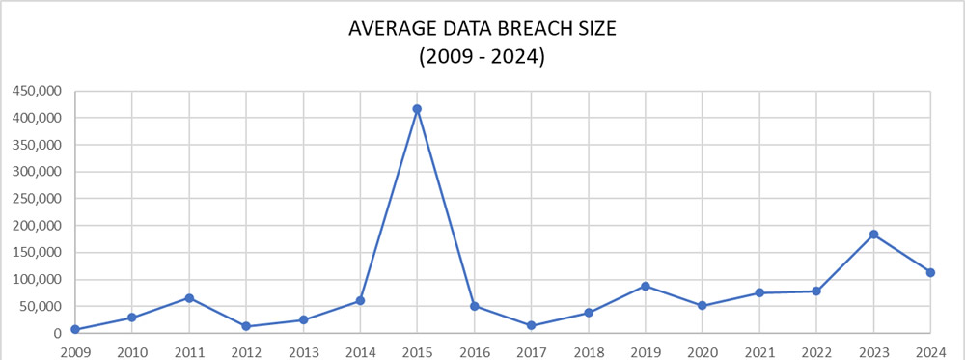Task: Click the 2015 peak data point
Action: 416,109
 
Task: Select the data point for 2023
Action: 873,235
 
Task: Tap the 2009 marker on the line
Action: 74,330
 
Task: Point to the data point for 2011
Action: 189,298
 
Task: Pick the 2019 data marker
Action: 645,286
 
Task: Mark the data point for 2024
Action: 930,272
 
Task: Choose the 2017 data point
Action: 531,325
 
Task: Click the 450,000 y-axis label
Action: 36,91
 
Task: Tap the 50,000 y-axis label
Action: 40,307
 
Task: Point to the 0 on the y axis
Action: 58,334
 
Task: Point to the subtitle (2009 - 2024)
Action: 482,57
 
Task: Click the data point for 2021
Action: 759,292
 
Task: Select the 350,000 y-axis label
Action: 36,145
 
